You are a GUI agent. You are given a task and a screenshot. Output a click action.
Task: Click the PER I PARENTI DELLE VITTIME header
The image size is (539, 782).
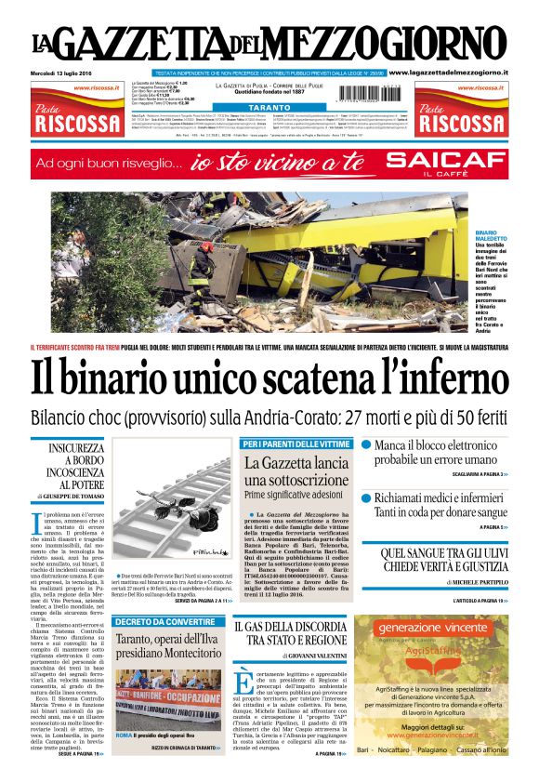[x=296, y=444]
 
